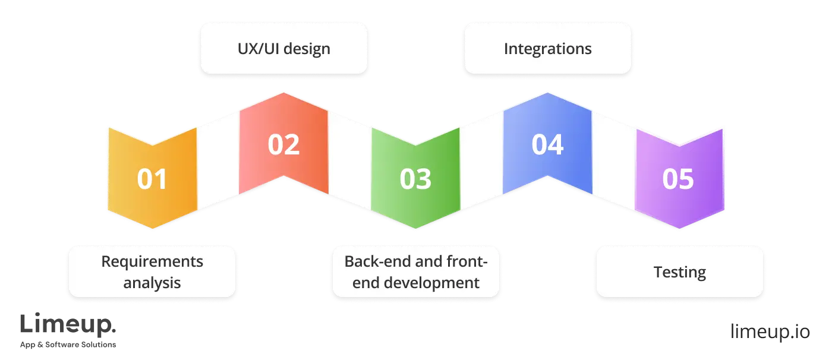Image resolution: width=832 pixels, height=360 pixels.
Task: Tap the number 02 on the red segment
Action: click(283, 145)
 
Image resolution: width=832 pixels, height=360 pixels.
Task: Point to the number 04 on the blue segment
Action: click(547, 145)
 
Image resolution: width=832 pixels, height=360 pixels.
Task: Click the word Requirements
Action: click(152, 261)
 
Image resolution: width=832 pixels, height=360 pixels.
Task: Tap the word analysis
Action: click(152, 282)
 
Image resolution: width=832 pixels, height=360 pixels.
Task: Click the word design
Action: click(307, 48)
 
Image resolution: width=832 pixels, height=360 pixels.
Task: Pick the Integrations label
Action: click(547, 48)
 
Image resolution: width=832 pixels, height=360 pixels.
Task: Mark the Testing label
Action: click(679, 272)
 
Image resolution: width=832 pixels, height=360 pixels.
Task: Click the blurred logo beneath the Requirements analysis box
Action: click(68, 332)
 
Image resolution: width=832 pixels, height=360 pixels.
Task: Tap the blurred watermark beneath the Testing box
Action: click(769, 333)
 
